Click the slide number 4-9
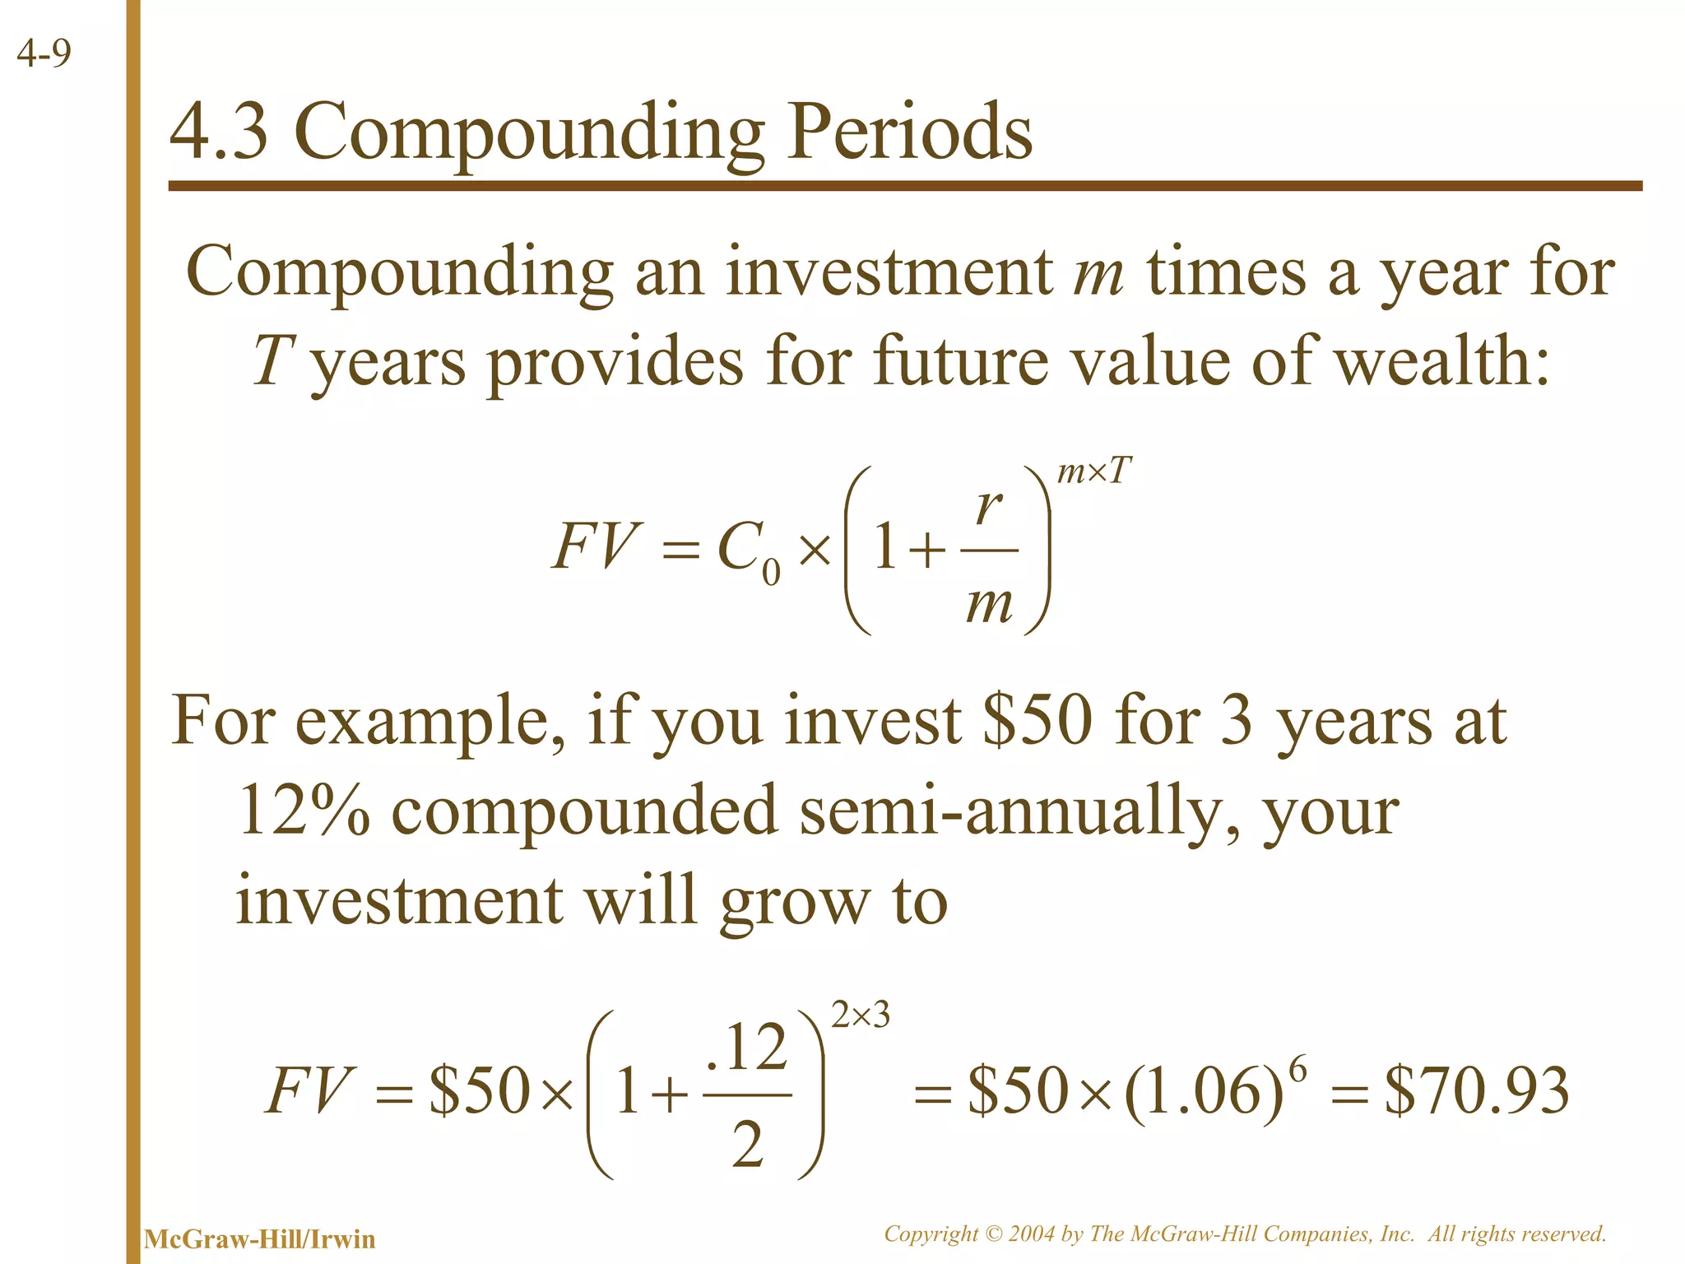[x=44, y=54]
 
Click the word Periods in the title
[x=909, y=133]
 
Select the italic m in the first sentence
[x=1098, y=273]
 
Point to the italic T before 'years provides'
[x=272, y=361]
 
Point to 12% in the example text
[x=303, y=811]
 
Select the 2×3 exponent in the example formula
[x=861, y=1017]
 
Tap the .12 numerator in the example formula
[x=747, y=1048]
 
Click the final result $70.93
[x=1477, y=1091]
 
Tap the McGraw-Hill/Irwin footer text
[x=259, y=1239]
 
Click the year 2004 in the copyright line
[x=1032, y=1234]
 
